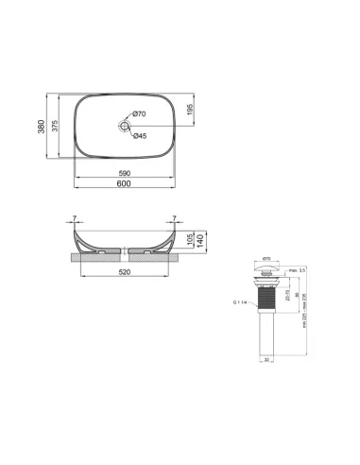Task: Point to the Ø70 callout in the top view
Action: (x=139, y=114)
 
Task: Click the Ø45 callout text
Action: (x=139, y=135)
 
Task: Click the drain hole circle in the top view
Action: (x=124, y=124)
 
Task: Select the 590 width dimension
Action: (x=123, y=174)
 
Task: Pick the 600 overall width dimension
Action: (x=123, y=183)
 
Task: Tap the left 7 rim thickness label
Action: (x=74, y=219)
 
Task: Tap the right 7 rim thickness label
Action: (x=174, y=219)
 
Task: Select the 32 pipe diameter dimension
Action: (x=266, y=360)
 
